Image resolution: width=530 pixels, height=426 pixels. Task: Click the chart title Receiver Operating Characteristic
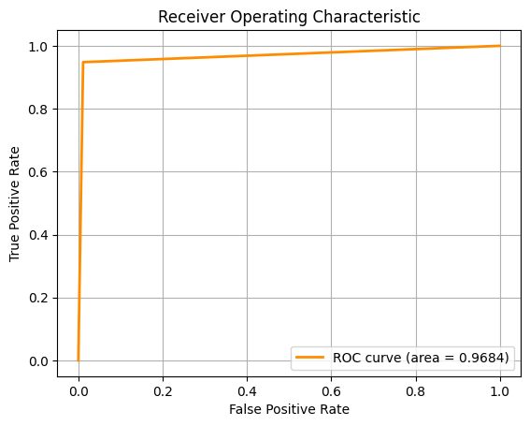pyautogui.click(x=289, y=17)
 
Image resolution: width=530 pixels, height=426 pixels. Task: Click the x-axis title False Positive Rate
pyautogui.click(x=289, y=409)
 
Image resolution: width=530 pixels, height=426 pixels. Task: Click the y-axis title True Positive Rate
pyautogui.click(x=16, y=203)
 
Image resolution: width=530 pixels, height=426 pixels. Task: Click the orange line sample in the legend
pyautogui.click(x=311, y=358)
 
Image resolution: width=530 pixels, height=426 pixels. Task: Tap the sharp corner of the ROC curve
pyautogui.click(x=83, y=62)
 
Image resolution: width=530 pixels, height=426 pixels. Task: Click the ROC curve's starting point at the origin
pyautogui.click(x=79, y=360)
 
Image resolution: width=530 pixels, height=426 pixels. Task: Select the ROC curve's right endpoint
pyautogui.click(x=500, y=46)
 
